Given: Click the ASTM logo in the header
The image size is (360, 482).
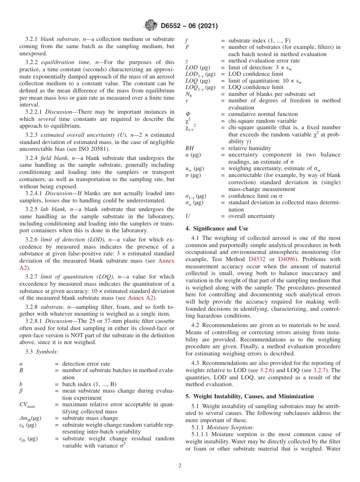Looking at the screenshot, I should point(151,26).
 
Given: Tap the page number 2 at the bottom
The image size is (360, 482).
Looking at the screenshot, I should point(180,466).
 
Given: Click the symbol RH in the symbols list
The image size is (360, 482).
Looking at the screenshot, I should point(189,148).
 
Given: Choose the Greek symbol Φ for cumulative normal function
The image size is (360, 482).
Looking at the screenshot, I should point(188,114).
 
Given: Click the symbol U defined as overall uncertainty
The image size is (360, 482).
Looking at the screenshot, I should point(188,216).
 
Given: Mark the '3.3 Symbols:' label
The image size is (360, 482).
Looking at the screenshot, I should point(42,352).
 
